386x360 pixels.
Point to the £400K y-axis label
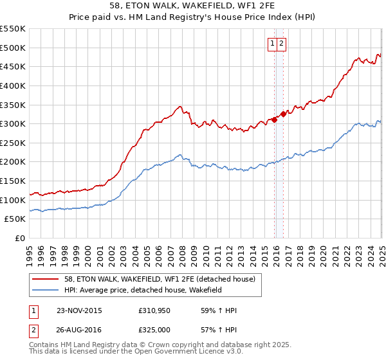[x=14, y=85]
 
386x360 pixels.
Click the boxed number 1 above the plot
[x=273, y=44]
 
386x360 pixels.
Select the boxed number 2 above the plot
[x=282, y=44]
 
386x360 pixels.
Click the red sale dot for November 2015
[x=275, y=119]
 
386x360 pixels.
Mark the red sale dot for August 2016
[x=283, y=114]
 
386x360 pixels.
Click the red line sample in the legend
[x=46, y=279]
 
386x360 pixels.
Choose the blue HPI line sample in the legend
[x=46, y=290]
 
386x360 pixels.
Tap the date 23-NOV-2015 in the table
[x=79, y=310]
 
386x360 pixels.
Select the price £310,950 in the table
[x=154, y=310]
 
